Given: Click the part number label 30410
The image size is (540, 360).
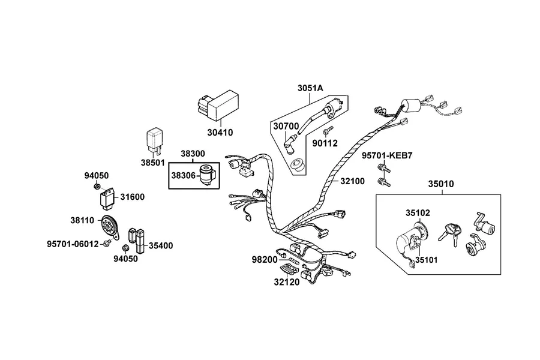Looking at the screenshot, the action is (220, 132).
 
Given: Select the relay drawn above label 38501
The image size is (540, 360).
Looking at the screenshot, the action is (155, 140).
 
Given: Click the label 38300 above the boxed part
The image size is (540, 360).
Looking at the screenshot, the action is (193, 154).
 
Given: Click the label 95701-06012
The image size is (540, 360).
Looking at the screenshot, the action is (73, 244).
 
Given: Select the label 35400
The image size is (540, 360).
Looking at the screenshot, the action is (161, 245).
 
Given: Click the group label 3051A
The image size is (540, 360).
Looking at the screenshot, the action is (310, 88).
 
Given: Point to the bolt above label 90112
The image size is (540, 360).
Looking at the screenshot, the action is (327, 130).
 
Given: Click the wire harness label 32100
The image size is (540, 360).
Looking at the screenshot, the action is (352, 181).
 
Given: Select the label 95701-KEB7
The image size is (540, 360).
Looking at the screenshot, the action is (387, 155).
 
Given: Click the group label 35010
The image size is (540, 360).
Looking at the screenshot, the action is (441, 184).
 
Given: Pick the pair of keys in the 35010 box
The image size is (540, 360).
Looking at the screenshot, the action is (451, 233).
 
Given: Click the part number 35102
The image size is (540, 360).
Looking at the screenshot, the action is (418, 213).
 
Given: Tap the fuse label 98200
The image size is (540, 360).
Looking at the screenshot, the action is (265, 260).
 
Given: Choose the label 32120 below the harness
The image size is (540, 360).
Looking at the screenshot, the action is (287, 282).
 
